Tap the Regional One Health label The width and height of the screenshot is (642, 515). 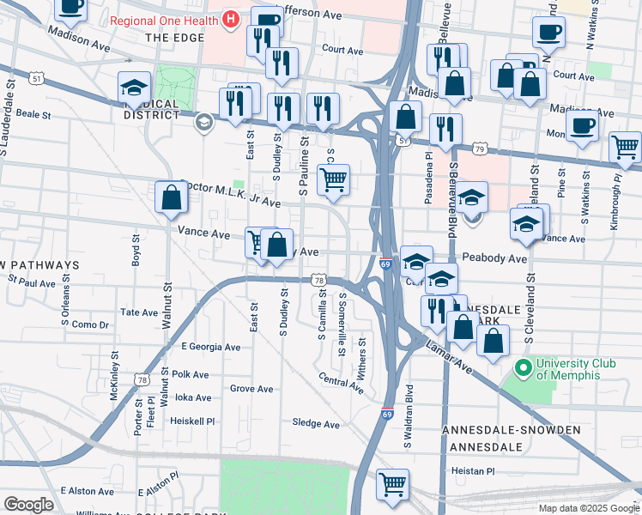[165, 19]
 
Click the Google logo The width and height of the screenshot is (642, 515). [28, 505]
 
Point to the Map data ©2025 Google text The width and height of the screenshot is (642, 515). [588, 508]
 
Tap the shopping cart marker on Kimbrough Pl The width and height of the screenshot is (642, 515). [626, 147]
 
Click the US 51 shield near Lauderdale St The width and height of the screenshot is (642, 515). [35, 79]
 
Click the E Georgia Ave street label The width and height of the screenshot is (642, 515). [211, 348]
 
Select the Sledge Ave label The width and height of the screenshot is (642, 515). [316, 424]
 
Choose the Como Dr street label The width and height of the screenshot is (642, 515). [90, 325]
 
